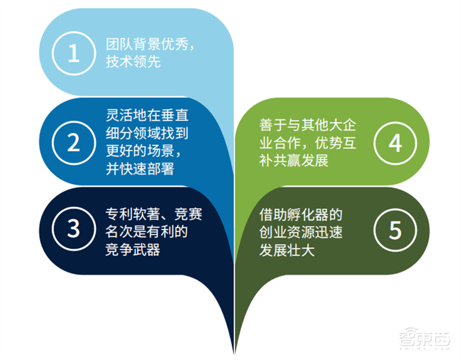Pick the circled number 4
tap(395, 143)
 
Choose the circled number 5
tap(395, 229)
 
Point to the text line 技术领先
tap(133, 62)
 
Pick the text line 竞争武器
tap(133, 249)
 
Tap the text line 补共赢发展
tap(294, 160)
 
